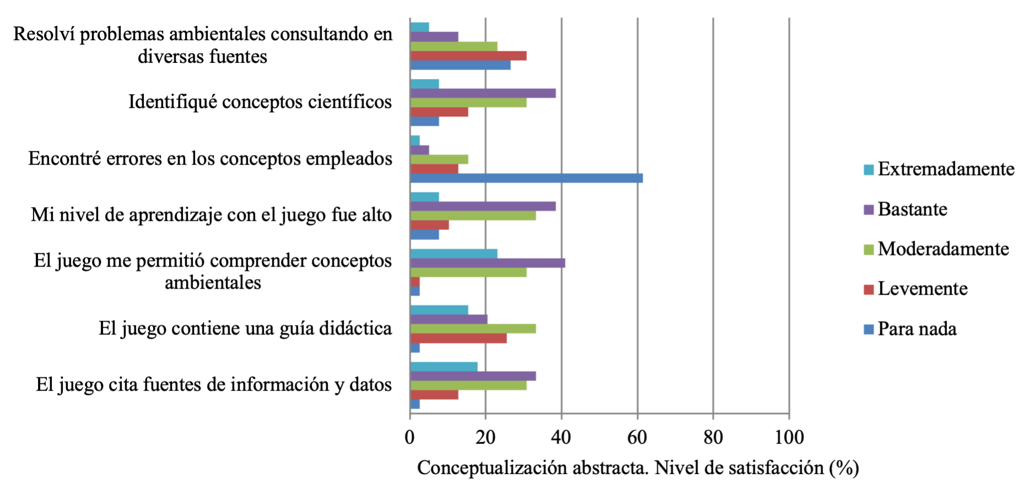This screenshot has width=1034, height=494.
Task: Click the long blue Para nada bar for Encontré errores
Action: click(x=526, y=178)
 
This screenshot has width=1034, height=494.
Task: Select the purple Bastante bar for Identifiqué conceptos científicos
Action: click(x=483, y=93)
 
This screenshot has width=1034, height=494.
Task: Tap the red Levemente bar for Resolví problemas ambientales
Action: click(x=468, y=56)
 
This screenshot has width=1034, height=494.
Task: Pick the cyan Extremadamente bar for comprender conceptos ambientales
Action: click(x=453, y=253)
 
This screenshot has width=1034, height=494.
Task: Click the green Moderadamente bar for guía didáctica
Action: click(x=473, y=329)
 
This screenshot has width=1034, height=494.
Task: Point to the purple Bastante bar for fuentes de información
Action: click(x=473, y=376)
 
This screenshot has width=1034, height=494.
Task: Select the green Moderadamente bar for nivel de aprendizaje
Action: click(x=473, y=215)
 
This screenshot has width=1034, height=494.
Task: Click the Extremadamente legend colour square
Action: click(x=869, y=170)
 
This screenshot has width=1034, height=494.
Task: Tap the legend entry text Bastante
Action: click(x=912, y=209)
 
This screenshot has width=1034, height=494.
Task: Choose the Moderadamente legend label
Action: click(x=943, y=249)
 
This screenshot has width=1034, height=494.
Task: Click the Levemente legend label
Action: click(x=922, y=289)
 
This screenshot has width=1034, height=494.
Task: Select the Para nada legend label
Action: click(x=917, y=329)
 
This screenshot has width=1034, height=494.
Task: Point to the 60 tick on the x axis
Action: click(x=637, y=437)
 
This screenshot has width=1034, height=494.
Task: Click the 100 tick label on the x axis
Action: click(x=789, y=437)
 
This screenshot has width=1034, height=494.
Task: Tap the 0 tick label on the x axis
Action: click(x=410, y=437)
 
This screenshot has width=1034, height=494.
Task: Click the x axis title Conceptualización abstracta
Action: click(x=637, y=468)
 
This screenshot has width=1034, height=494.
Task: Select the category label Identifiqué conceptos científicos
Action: click(x=260, y=102)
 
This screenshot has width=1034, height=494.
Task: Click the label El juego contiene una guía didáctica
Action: click(x=245, y=329)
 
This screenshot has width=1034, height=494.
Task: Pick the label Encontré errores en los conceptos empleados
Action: click(x=210, y=159)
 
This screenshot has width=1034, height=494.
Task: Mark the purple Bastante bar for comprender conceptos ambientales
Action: click(x=488, y=263)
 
